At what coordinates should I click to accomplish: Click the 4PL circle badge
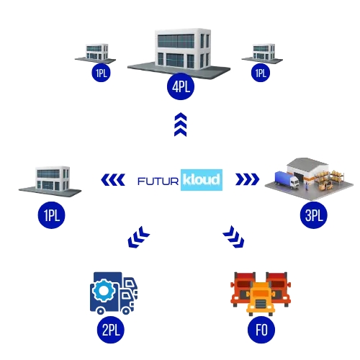tap(181, 86)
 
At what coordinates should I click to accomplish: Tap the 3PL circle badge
tap(314, 215)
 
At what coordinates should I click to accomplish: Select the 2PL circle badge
tap(111, 330)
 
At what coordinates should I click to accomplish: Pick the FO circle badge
tap(261, 330)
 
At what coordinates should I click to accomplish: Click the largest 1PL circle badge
tap(52, 215)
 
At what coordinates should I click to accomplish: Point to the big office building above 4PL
tap(182, 49)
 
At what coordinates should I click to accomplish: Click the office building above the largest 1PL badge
tap(53, 178)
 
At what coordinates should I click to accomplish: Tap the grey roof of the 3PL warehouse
tap(307, 163)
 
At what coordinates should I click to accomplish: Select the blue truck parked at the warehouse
tap(287, 179)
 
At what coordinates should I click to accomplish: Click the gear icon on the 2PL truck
tap(104, 290)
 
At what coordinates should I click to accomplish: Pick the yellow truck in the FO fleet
tap(261, 299)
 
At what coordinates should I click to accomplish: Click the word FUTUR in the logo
tap(158, 181)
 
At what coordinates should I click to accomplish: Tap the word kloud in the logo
tap(201, 179)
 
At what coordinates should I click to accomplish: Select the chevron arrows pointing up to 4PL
tap(181, 125)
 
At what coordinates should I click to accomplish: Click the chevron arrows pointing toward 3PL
tap(248, 179)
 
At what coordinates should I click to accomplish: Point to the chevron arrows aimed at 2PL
tap(139, 237)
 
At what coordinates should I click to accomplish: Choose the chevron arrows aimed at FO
tap(233, 237)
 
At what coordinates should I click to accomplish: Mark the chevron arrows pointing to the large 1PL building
tap(113, 179)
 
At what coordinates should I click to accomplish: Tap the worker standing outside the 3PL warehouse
tap(307, 186)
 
